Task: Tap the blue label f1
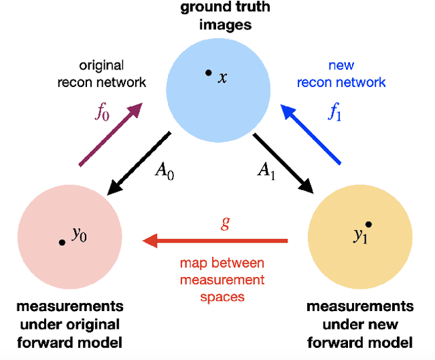point(335,113)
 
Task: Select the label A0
point(164,171)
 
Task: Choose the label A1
point(266,171)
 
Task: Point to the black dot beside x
point(208,72)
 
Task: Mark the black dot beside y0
point(62,242)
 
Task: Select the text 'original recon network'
point(110,74)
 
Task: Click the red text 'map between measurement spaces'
point(222,279)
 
